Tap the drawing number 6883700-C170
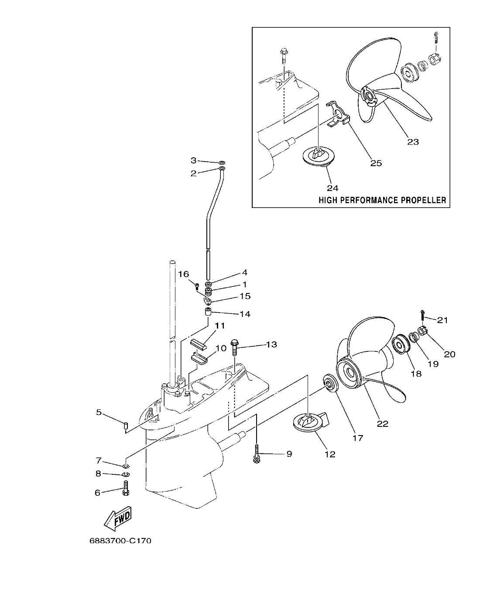pos(120,541)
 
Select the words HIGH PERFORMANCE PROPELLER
pos(382,200)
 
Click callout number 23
pos(413,142)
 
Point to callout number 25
pos(376,163)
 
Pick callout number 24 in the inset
pos(333,188)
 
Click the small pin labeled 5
pos(125,425)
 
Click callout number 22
pos(382,423)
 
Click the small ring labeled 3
pos(222,161)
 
